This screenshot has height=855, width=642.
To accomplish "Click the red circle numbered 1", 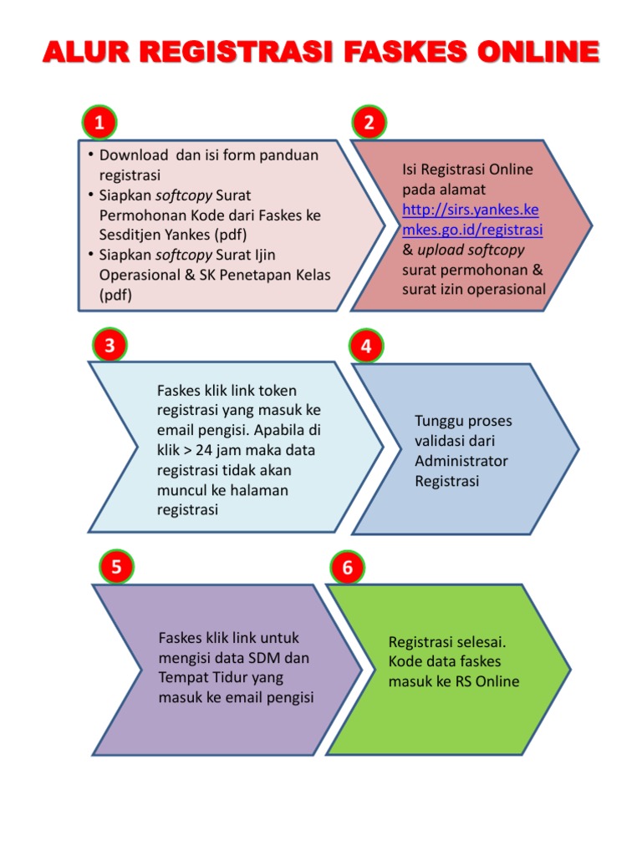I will (99, 124).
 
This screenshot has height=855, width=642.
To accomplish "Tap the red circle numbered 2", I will (369, 124).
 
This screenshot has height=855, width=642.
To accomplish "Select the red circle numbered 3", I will (109, 345).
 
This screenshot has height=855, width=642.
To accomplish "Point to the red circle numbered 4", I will (367, 345).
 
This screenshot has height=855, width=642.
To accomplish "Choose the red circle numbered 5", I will (116, 568).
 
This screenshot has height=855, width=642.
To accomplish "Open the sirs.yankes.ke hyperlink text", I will (471, 210).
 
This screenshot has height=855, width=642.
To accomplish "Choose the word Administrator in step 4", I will (461, 461).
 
